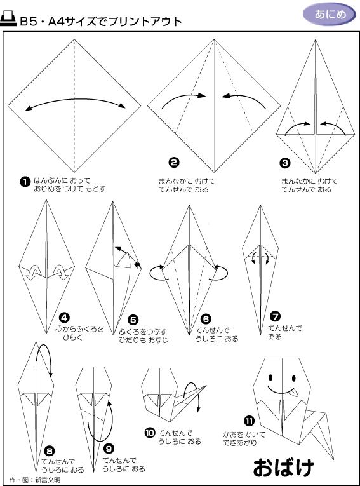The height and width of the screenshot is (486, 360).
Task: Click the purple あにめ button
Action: (330, 14)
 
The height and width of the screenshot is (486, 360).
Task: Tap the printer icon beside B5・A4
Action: (8, 19)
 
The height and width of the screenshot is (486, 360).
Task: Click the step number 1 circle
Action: (25, 182)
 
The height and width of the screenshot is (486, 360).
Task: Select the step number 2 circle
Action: (174, 163)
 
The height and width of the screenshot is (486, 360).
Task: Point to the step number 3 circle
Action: (284, 163)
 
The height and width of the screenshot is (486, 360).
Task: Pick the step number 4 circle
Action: (64, 318)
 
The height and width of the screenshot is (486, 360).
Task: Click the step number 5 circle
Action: (133, 320)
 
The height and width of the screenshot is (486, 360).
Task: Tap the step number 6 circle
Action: (206, 319)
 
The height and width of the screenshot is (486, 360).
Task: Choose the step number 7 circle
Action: (275, 316)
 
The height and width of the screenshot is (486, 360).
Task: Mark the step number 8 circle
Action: (50, 451)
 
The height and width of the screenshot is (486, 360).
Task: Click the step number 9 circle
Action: (109, 449)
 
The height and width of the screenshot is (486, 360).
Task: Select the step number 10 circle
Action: (150, 433)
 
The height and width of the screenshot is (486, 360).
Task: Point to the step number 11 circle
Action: (250, 421)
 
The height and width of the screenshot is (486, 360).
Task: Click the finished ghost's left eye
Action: (270, 378)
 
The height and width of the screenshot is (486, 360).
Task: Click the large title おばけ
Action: (283, 468)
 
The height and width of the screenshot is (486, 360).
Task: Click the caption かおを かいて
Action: (244, 435)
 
